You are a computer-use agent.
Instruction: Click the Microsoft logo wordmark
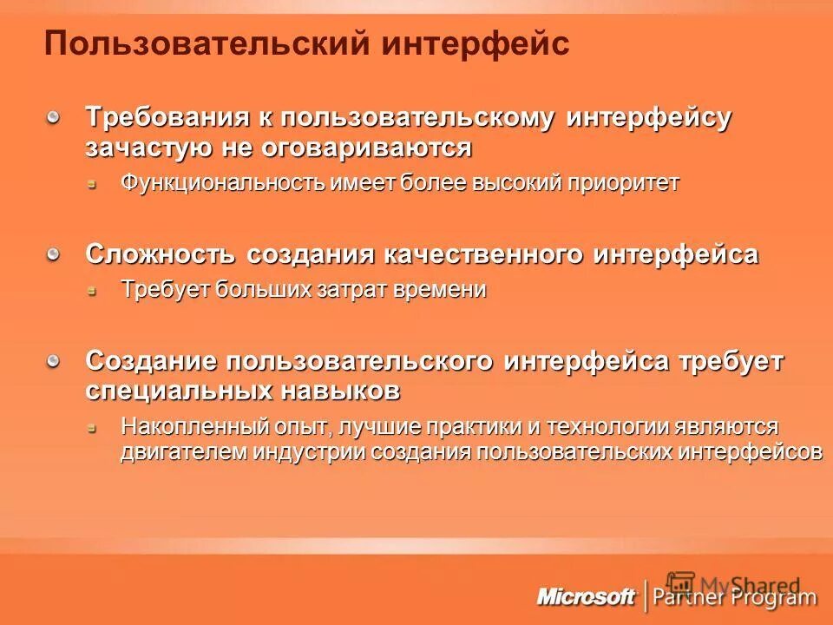(587, 596)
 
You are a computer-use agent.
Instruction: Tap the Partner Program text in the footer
(735, 596)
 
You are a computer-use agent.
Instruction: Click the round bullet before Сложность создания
(55, 253)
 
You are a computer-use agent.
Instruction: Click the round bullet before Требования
(55, 116)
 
